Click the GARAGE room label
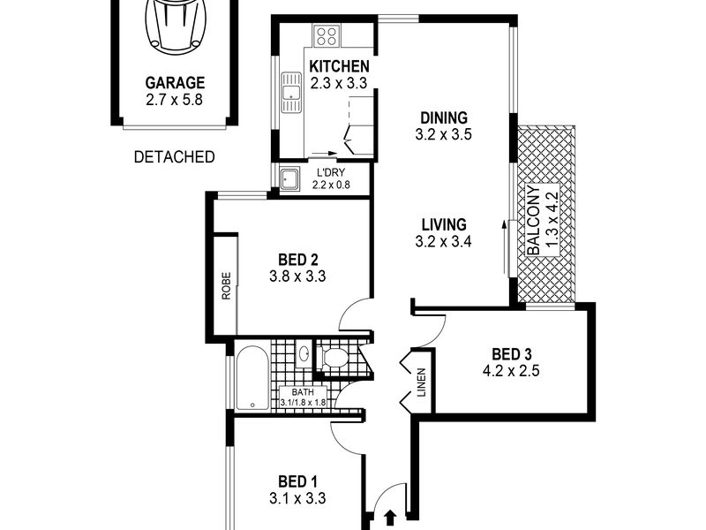(175, 83)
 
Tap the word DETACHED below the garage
(174, 157)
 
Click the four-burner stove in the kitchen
(327, 36)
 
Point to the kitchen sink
(291, 93)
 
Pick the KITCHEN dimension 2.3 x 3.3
(339, 83)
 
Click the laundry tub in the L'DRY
(289, 179)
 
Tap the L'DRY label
(331, 172)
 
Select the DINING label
(444, 118)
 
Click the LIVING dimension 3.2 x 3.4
(444, 241)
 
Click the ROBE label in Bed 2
(226, 285)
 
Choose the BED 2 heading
(298, 260)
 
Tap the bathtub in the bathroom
(252, 378)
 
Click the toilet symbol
(333, 358)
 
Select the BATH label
(303, 392)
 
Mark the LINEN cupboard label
(422, 382)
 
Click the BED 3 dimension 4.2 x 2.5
(511, 371)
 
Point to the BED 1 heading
(297, 481)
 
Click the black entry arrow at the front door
(390, 518)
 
